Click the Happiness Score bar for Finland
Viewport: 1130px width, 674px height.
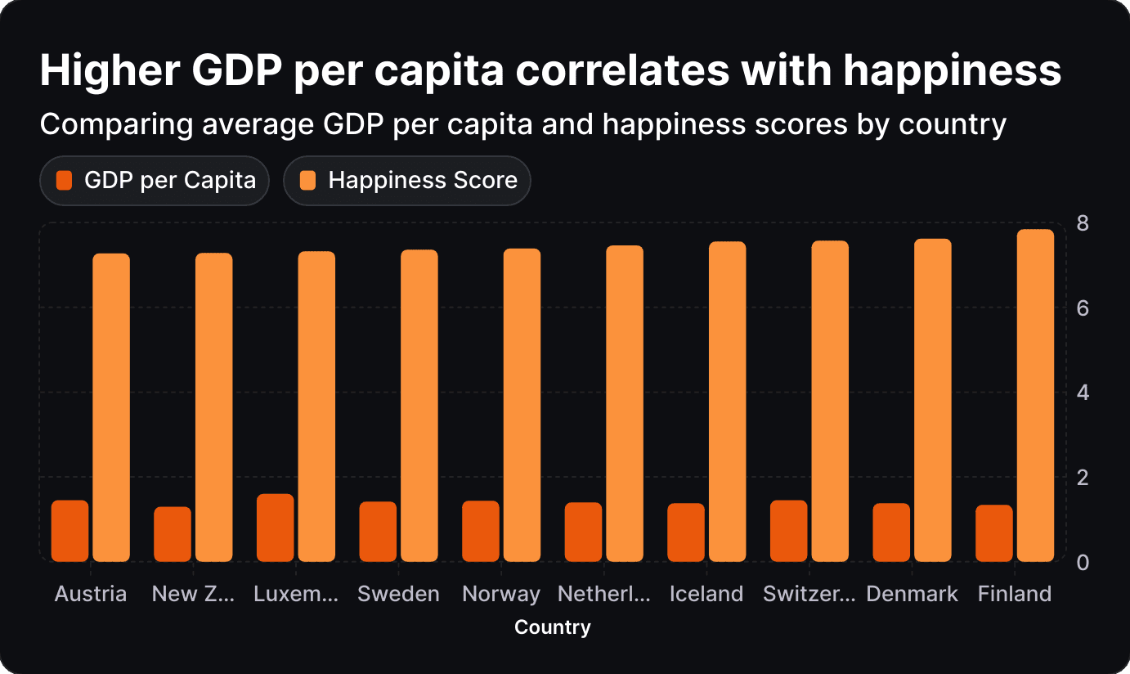click(x=1035, y=396)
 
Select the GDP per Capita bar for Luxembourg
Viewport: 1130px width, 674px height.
click(x=276, y=528)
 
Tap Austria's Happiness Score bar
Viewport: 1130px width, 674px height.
click(x=111, y=407)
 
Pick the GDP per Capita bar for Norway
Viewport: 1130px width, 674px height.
click(x=481, y=531)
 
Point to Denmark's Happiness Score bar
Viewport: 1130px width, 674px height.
click(x=933, y=400)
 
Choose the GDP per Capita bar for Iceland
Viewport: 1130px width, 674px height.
click(x=686, y=532)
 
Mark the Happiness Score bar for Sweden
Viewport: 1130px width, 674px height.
click(x=419, y=406)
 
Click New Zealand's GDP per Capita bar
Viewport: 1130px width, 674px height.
click(x=173, y=534)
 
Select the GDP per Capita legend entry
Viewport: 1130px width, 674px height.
click(x=155, y=181)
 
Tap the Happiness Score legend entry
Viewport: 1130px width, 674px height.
click(x=407, y=181)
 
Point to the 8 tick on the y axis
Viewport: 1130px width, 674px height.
click(x=1083, y=223)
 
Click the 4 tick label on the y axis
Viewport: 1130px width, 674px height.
click(x=1083, y=393)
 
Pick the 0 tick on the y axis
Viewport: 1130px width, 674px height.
click(x=1083, y=563)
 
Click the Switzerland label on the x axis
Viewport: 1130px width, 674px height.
click(x=809, y=594)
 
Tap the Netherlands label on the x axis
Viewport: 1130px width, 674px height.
click(x=604, y=594)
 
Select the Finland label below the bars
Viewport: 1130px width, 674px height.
click(x=1015, y=594)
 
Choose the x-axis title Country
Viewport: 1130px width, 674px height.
click(x=553, y=627)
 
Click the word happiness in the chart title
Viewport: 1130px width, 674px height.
click(x=953, y=70)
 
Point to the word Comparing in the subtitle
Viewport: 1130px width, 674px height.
click(x=117, y=124)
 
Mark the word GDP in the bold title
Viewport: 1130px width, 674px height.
click(x=236, y=70)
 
